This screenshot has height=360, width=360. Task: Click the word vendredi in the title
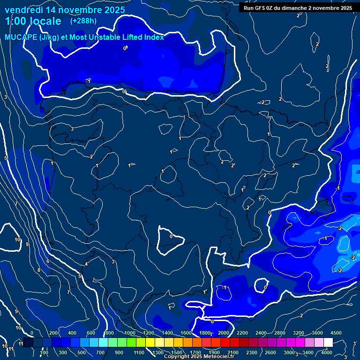click(24, 10)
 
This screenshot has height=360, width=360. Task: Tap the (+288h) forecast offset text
click(83, 21)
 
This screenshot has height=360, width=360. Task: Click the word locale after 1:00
click(44, 21)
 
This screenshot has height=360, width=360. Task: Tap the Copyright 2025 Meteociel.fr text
click(199, 357)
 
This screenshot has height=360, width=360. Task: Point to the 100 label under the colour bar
click(45, 352)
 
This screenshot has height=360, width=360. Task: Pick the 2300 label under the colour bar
click(251, 352)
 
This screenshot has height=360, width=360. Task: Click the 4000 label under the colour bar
click(327, 352)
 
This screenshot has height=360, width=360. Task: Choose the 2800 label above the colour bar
click(280, 333)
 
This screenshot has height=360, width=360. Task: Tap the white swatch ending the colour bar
click(328, 343)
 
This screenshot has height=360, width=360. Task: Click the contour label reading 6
click(48, 261)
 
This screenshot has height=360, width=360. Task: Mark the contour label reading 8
click(39, 270)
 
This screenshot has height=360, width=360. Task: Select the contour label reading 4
click(86, 264)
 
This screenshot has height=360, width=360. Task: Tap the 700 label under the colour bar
click(100, 352)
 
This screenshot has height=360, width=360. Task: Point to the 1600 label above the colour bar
click(186, 333)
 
